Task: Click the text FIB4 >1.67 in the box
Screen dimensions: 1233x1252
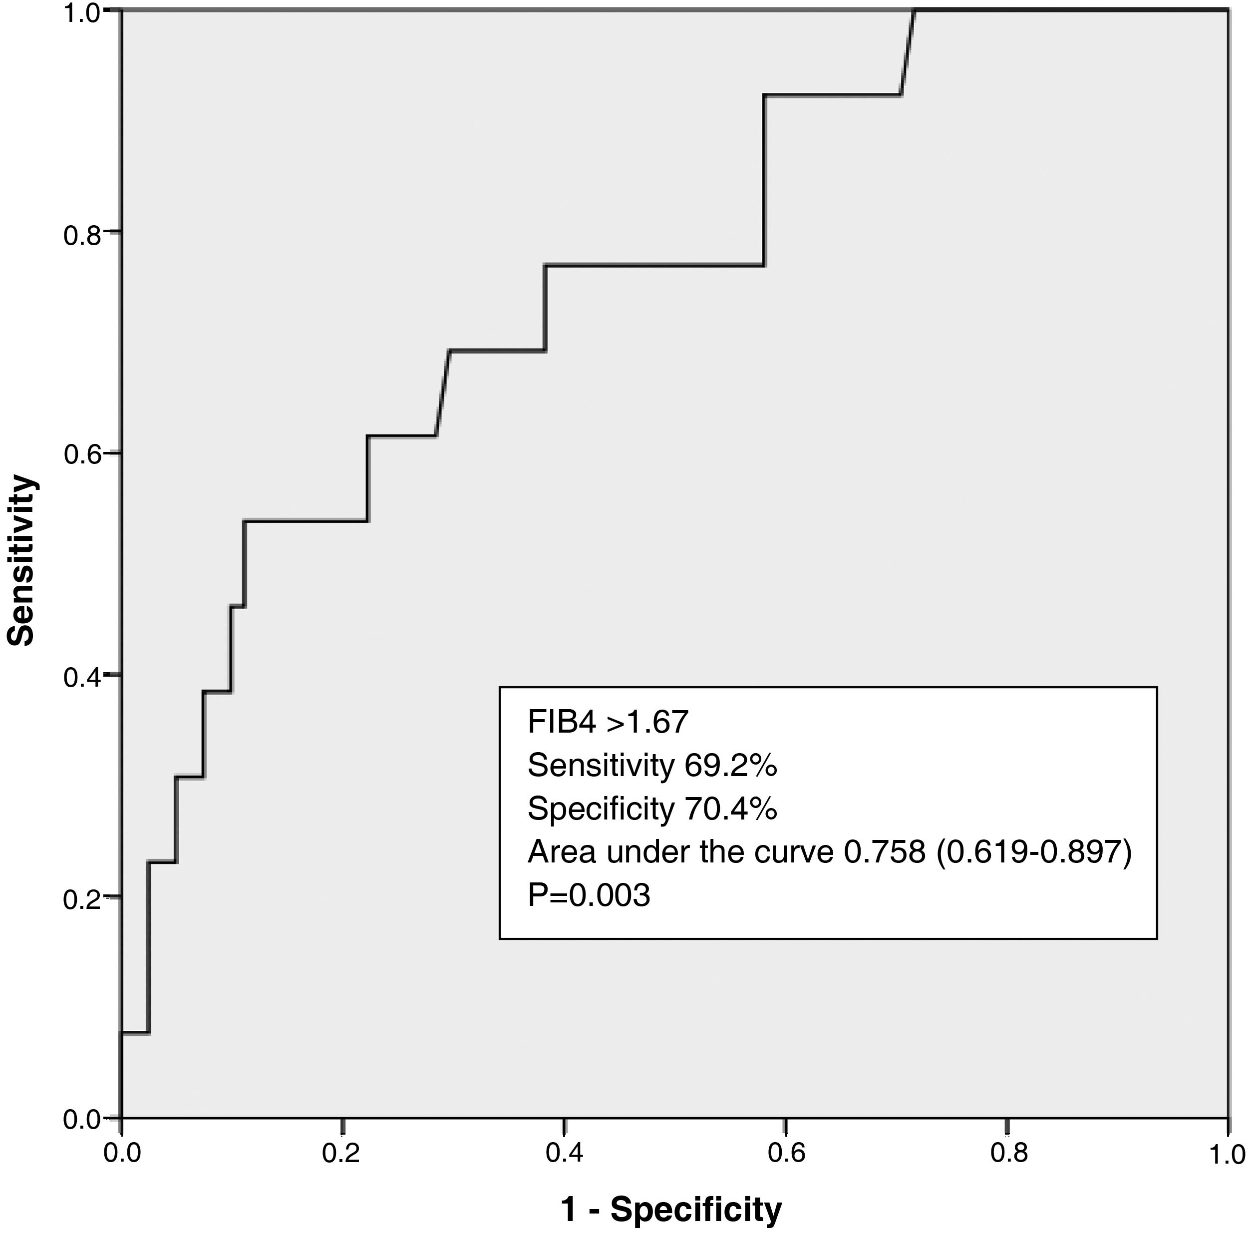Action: point(607,722)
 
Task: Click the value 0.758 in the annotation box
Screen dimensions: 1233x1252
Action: point(884,851)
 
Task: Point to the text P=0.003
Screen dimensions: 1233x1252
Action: point(589,895)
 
